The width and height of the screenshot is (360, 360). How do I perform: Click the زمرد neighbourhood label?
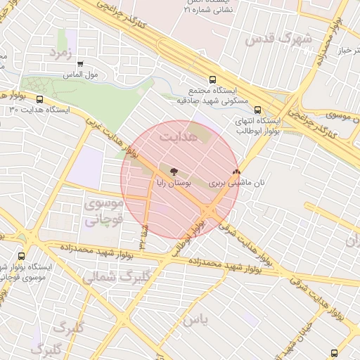point(61,53)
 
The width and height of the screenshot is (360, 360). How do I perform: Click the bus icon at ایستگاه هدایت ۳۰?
point(39,99)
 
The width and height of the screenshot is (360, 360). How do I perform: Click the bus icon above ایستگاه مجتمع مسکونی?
point(212,79)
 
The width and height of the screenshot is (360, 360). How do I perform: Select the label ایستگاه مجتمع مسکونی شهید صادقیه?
point(213,96)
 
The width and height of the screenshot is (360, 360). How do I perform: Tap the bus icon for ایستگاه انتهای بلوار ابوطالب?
point(257,110)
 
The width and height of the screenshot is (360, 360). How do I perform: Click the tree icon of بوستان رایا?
point(174,169)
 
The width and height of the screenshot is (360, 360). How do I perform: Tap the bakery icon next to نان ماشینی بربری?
point(236,170)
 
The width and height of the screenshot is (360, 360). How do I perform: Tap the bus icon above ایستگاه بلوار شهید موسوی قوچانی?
point(20,257)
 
